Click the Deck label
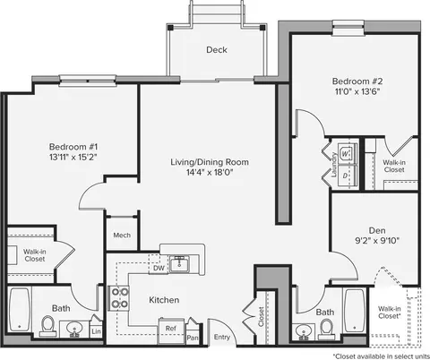coord(217,49)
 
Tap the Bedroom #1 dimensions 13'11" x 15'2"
coord(73,157)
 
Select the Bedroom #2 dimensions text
coord(357,91)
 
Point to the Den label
coord(377,230)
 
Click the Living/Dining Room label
coord(210,162)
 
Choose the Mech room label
coord(122,236)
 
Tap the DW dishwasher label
coord(159,268)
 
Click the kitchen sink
coord(179,264)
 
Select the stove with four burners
coord(118,298)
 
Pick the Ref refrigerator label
coord(171,329)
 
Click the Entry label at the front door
coord(222,337)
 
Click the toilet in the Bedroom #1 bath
coord(47,326)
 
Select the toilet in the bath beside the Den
coord(326,329)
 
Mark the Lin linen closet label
coord(96,331)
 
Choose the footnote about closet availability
coord(382,356)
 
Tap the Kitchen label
coord(164,300)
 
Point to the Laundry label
coord(334,165)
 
